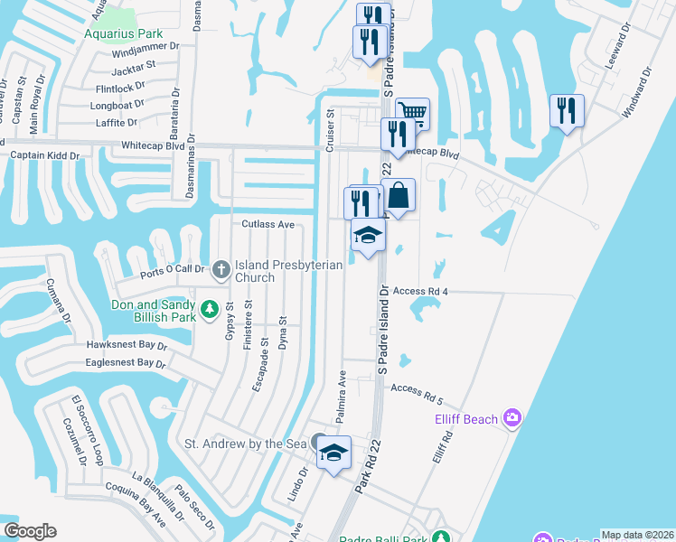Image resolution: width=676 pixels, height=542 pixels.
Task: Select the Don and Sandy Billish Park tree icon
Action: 210,310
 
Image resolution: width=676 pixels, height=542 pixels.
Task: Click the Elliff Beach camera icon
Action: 513,416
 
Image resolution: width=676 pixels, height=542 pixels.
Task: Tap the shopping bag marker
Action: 398,194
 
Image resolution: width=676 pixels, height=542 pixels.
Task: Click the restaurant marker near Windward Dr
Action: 567,111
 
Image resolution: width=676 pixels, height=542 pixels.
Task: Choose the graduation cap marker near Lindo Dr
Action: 333,453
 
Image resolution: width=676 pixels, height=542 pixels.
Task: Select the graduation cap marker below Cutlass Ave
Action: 368,237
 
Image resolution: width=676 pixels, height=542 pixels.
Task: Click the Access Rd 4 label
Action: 421,292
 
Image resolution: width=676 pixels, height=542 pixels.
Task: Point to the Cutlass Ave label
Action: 268,224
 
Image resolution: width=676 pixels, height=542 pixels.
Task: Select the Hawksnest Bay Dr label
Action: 127,345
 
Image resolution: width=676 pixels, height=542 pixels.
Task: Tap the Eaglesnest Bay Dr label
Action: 126,363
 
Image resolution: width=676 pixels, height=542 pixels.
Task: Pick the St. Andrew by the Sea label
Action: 246,444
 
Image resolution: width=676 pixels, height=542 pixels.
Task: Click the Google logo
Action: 30,530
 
